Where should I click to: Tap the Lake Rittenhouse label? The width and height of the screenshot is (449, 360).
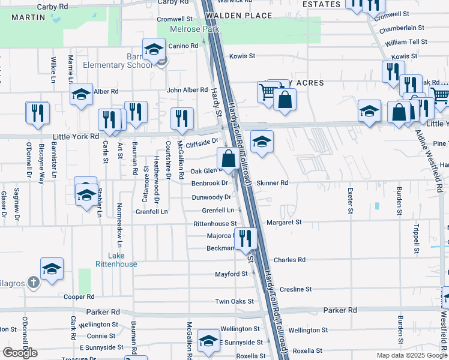point(116,260)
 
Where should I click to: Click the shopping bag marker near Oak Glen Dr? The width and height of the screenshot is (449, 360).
point(228,159)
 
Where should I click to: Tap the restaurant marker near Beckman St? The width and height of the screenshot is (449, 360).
point(245,238)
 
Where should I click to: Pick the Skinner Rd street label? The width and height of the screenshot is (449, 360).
point(273,182)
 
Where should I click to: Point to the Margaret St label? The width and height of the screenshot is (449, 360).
point(284,222)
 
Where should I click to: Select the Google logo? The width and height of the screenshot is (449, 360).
point(20,353)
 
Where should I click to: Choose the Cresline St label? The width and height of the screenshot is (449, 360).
point(295,289)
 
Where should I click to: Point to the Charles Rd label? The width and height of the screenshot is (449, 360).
point(289,260)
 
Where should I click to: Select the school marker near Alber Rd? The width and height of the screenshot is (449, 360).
point(81,94)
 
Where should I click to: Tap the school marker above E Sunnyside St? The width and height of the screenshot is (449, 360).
point(208,340)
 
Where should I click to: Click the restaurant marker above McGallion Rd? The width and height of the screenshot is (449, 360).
point(181,118)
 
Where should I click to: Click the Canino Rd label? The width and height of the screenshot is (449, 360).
point(183,46)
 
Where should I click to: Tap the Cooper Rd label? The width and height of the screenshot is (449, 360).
point(79,296)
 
